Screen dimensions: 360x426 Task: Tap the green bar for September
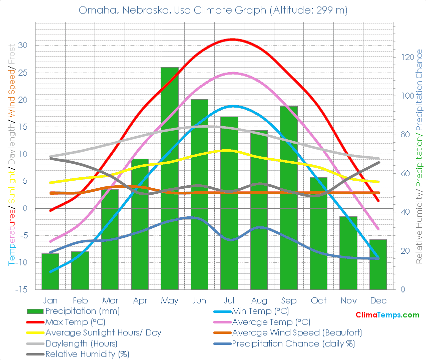click(x=289, y=198)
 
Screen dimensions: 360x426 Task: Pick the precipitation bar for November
click(x=348, y=253)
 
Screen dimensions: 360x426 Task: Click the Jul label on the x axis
click(x=229, y=300)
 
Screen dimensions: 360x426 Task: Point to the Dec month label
click(x=378, y=300)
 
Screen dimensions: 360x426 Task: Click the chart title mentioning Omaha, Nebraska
click(x=213, y=10)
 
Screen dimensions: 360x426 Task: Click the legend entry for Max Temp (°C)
click(x=75, y=322)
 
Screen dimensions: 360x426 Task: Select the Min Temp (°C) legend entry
click(x=260, y=311)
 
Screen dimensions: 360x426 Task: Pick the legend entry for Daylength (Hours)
click(x=81, y=343)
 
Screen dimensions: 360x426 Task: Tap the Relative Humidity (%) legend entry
click(x=87, y=354)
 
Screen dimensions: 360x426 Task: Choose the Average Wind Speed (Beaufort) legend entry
click(x=297, y=332)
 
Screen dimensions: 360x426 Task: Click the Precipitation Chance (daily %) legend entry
click(x=293, y=343)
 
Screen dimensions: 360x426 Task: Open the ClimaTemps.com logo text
click(x=387, y=315)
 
